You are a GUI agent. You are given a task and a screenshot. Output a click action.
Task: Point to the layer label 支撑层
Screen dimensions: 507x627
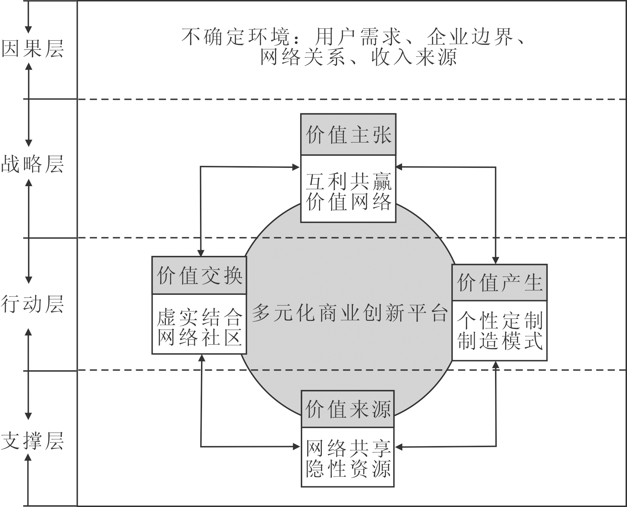pos(32,441)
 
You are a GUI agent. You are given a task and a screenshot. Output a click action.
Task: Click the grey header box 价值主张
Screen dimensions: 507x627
pos(348,135)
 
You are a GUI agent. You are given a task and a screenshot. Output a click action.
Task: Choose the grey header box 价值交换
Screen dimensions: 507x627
pos(199,275)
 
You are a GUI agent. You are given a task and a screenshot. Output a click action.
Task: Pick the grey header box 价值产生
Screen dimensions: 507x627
pos(499,283)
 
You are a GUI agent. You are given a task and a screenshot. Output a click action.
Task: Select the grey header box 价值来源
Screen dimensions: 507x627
pos(348,409)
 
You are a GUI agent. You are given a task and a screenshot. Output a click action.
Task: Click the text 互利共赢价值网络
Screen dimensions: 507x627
pos(348,192)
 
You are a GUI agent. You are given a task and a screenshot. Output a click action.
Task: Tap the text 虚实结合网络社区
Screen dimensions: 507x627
pos(199,327)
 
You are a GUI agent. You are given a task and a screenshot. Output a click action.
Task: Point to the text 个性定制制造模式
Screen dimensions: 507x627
pos(499,331)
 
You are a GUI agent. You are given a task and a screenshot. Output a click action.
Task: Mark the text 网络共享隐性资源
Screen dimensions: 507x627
pos(348,459)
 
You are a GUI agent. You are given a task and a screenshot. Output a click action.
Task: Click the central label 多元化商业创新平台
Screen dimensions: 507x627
pos(350,313)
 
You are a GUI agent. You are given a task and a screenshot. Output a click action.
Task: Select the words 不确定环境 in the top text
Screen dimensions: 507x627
pos(236,37)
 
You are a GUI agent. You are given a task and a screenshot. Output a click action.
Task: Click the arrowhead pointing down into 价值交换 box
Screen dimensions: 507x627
pos(201,253)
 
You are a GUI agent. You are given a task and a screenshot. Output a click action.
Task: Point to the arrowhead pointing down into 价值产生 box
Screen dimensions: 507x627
pos(495,260)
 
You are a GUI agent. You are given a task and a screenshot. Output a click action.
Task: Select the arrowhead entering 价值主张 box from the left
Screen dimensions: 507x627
pos(296,167)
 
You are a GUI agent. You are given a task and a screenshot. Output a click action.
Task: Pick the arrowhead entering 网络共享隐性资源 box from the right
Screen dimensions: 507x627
pos(399,447)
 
